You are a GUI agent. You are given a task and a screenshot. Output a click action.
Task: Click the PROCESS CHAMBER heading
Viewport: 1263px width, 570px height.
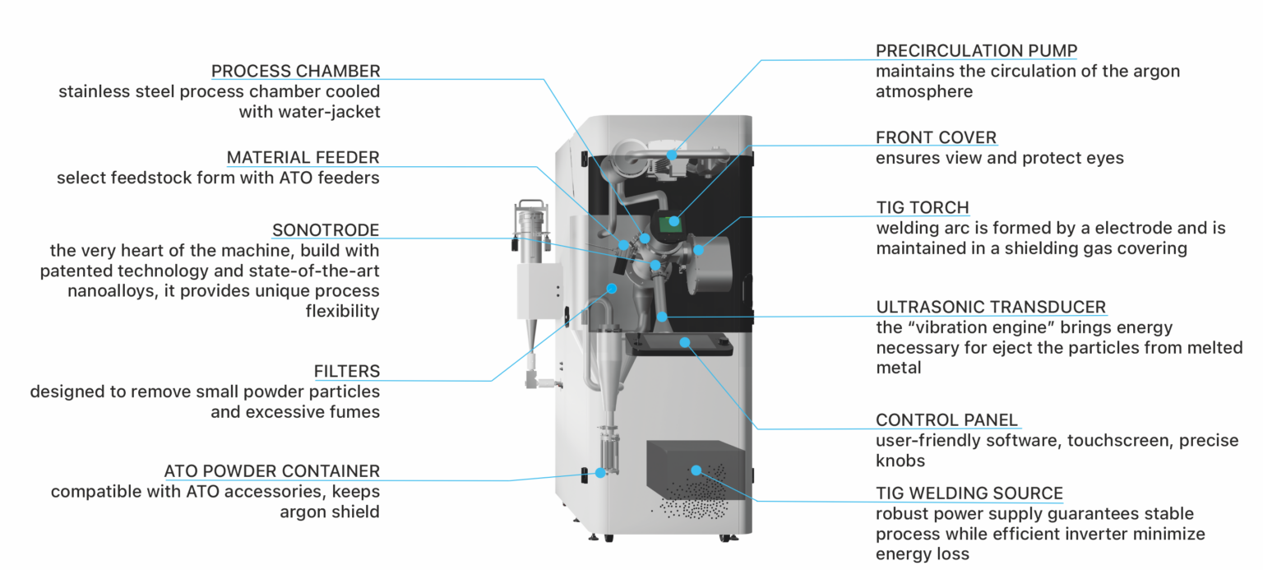click(x=296, y=71)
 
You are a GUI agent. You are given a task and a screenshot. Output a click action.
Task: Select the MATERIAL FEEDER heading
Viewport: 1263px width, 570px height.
click(x=303, y=157)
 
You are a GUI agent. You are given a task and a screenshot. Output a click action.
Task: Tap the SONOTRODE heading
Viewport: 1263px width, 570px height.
click(x=326, y=229)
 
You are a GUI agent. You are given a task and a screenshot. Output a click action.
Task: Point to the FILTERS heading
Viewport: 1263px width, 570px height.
click(x=347, y=371)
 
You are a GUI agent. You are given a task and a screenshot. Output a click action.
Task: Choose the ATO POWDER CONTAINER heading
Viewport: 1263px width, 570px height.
click(x=272, y=471)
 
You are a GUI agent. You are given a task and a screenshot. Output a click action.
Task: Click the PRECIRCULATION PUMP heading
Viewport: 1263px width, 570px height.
click(x=976, y=51)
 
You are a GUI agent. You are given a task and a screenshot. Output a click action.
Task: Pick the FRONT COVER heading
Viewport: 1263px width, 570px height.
click(x=936, y=137)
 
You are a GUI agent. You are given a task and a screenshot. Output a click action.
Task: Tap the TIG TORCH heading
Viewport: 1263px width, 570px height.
click(x=922, y=207)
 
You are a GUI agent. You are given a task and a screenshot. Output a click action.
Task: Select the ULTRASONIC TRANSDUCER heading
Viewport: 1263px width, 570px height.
click(x=991, y=308)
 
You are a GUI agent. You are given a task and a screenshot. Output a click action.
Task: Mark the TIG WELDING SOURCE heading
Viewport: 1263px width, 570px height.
click(x=969, y=494)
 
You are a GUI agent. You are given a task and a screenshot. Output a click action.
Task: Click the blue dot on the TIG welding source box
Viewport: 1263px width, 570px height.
click(x=696, y=470)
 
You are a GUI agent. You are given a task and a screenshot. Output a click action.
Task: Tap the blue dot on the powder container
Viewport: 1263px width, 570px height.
click(x=600, y=473)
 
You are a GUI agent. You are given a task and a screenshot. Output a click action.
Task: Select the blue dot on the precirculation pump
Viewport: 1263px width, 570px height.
click(x=672, y=155)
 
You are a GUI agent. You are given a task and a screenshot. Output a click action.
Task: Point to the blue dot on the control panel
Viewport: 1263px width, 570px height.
click(x=684, y=341)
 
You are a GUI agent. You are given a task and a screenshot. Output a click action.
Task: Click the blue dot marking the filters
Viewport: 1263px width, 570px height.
click(x=611, y=288)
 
